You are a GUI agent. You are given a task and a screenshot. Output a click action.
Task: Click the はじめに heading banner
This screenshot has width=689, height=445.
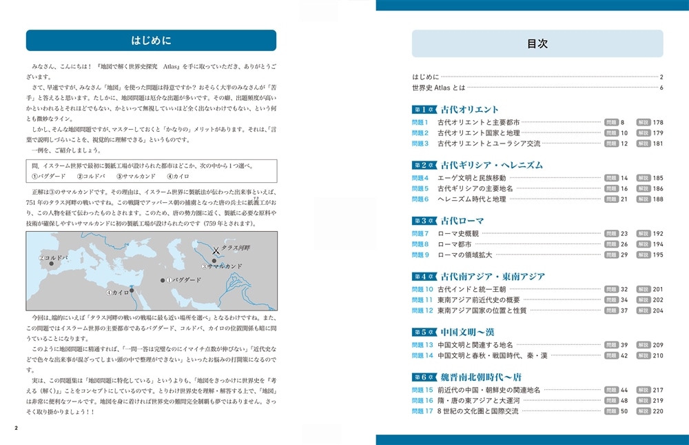point(151,40)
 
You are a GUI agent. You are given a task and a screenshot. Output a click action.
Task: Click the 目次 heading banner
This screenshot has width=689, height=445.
point(537,43)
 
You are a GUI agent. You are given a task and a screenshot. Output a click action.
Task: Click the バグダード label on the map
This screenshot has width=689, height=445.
point(186,280)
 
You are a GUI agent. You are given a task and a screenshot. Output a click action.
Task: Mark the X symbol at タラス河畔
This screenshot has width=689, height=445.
point(216,251)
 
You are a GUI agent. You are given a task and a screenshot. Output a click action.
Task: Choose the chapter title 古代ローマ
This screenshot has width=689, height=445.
point(462,221)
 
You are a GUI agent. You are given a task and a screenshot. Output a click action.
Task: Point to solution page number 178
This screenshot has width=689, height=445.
point(657,121)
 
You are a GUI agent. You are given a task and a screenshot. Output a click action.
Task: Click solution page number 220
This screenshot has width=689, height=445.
point(657,411)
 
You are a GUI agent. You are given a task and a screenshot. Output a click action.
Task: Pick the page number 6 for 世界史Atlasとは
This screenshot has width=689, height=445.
point(661,88)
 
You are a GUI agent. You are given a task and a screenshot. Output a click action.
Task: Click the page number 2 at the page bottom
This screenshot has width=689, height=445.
point(16,427)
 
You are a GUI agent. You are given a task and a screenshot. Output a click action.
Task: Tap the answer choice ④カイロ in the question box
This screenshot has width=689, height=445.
point(178,177)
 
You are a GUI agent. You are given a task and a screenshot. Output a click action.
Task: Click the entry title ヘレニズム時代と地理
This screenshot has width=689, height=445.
point(471,199)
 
